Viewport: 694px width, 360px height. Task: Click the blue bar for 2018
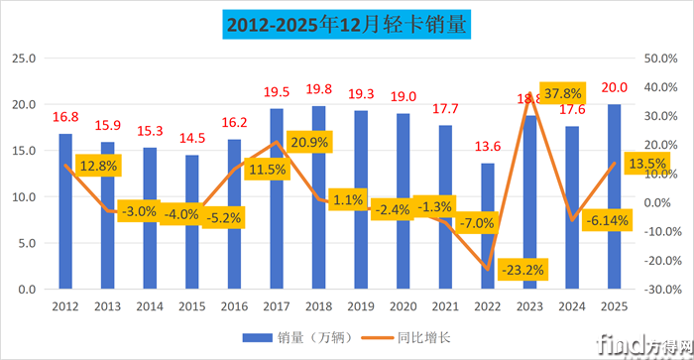coord(319,197)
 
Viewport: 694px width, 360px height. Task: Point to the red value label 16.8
coord(66,116)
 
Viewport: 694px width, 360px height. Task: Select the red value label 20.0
coord(615,86)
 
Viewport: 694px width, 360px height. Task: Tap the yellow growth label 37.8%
coord(563,93)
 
